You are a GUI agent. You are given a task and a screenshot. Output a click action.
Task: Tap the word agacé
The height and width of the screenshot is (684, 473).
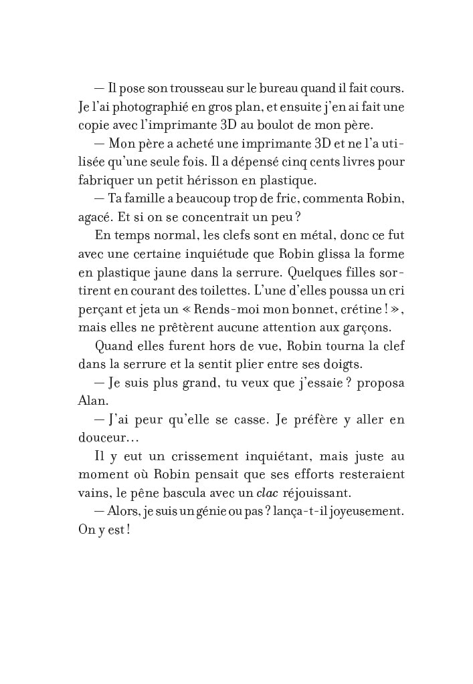(x=94, y=217)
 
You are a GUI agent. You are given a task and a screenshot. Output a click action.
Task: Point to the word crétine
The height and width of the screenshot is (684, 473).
(x=355, y=309)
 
